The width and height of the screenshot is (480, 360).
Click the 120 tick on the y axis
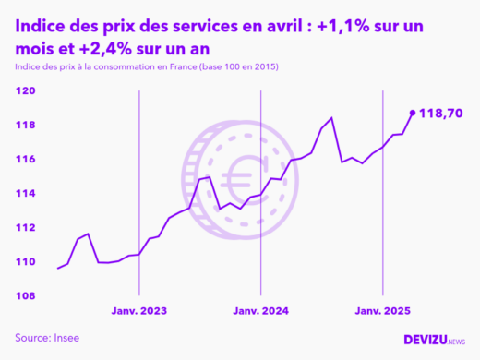[x=25, y=91]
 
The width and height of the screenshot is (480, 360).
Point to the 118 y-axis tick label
[x=25, y=126]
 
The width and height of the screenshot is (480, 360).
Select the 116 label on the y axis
[x=25, y=160]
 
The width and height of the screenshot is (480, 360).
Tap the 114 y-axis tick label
[x=25, y=194]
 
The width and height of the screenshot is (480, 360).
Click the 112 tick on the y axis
[x=25, y=228]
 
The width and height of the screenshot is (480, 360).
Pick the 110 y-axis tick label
[x=25, y=262]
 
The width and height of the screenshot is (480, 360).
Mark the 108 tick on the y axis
[x=25, y=296]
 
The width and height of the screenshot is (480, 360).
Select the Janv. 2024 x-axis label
[x=260, y=312]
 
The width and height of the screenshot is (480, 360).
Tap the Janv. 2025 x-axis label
[x=382, y=312]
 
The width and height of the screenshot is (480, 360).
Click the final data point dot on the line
[x=412, y=114]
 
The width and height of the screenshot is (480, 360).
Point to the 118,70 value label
[x=440, y=114]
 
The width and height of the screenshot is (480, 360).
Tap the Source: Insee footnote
[x=47, y=338]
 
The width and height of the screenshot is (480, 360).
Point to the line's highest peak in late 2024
[x=331, y=118]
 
